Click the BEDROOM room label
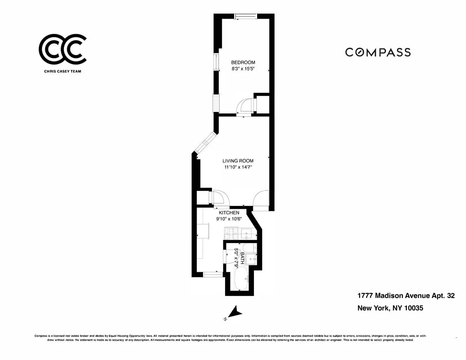243,62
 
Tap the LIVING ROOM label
238,161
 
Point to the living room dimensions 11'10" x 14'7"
238,167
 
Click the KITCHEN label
229,213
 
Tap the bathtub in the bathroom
241,278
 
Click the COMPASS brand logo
378,52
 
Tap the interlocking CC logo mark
62,49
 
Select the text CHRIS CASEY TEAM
62,71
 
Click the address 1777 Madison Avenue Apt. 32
405,296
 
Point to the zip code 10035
413,308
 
